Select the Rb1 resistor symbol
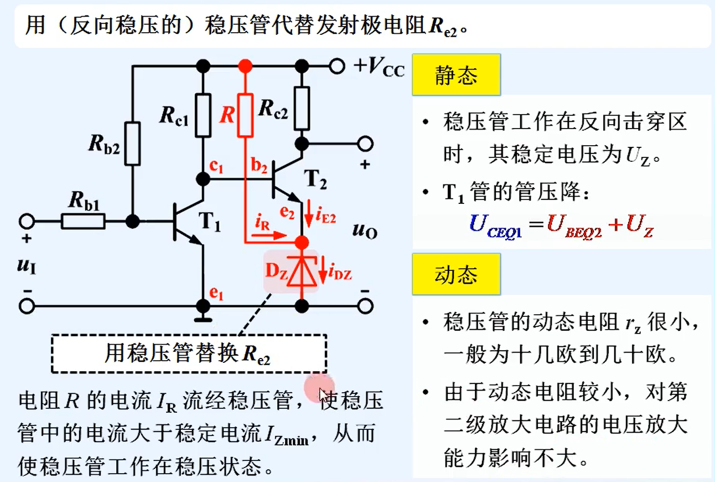point(82,222)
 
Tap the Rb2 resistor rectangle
point(133,143)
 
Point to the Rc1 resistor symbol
point(203,115)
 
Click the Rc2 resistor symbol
point(302,107)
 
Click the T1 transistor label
point(209,224)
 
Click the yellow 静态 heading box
point(456,75)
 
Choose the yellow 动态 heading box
point(456,274)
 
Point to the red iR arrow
point(271,235)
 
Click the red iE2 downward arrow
point(310,211)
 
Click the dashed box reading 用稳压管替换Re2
point(188,353)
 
